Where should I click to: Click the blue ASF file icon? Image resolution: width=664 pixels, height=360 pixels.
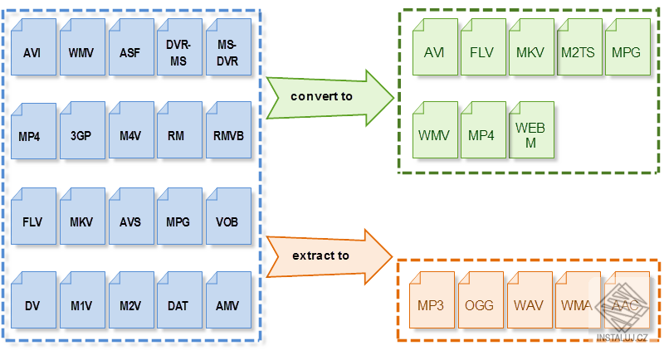[x=131, y=47]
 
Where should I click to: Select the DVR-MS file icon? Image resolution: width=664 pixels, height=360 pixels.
[x=179, y=47]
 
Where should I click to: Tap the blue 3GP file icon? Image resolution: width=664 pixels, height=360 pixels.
[x=82, y=130]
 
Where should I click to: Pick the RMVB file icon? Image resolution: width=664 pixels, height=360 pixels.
[x=229, y=130]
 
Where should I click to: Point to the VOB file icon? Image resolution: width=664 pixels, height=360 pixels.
[x=229, y=216]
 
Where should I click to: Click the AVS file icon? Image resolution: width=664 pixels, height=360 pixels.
[x=131, y=216]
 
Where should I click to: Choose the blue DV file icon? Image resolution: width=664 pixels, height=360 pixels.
[x=33, y=300]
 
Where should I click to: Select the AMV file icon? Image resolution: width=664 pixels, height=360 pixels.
[x=229, y=300]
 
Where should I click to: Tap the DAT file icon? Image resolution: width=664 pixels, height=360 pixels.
[x=179, y=300]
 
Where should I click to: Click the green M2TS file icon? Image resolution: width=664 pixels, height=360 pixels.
[x=579, y=47]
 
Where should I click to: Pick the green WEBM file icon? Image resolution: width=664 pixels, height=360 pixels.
[x=531, y=130]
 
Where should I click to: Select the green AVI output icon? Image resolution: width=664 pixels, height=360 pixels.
[x=435, y=47]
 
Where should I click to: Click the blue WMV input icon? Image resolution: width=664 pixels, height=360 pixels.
[x=82, y=47]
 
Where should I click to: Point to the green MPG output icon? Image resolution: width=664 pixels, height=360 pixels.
[x=628, y=47]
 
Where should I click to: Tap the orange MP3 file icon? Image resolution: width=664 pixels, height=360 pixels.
[x=432, y=300]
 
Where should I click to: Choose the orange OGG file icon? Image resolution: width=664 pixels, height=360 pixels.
[x=481, y=300]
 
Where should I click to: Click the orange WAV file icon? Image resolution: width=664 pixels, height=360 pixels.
[x=530, y=300]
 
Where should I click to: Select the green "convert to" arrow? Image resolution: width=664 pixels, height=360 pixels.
[x=330, y=98]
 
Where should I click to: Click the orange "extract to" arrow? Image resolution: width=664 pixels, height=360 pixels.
[x=330, y=257]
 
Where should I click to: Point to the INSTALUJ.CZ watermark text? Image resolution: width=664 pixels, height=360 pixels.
[x=622, y=338]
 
